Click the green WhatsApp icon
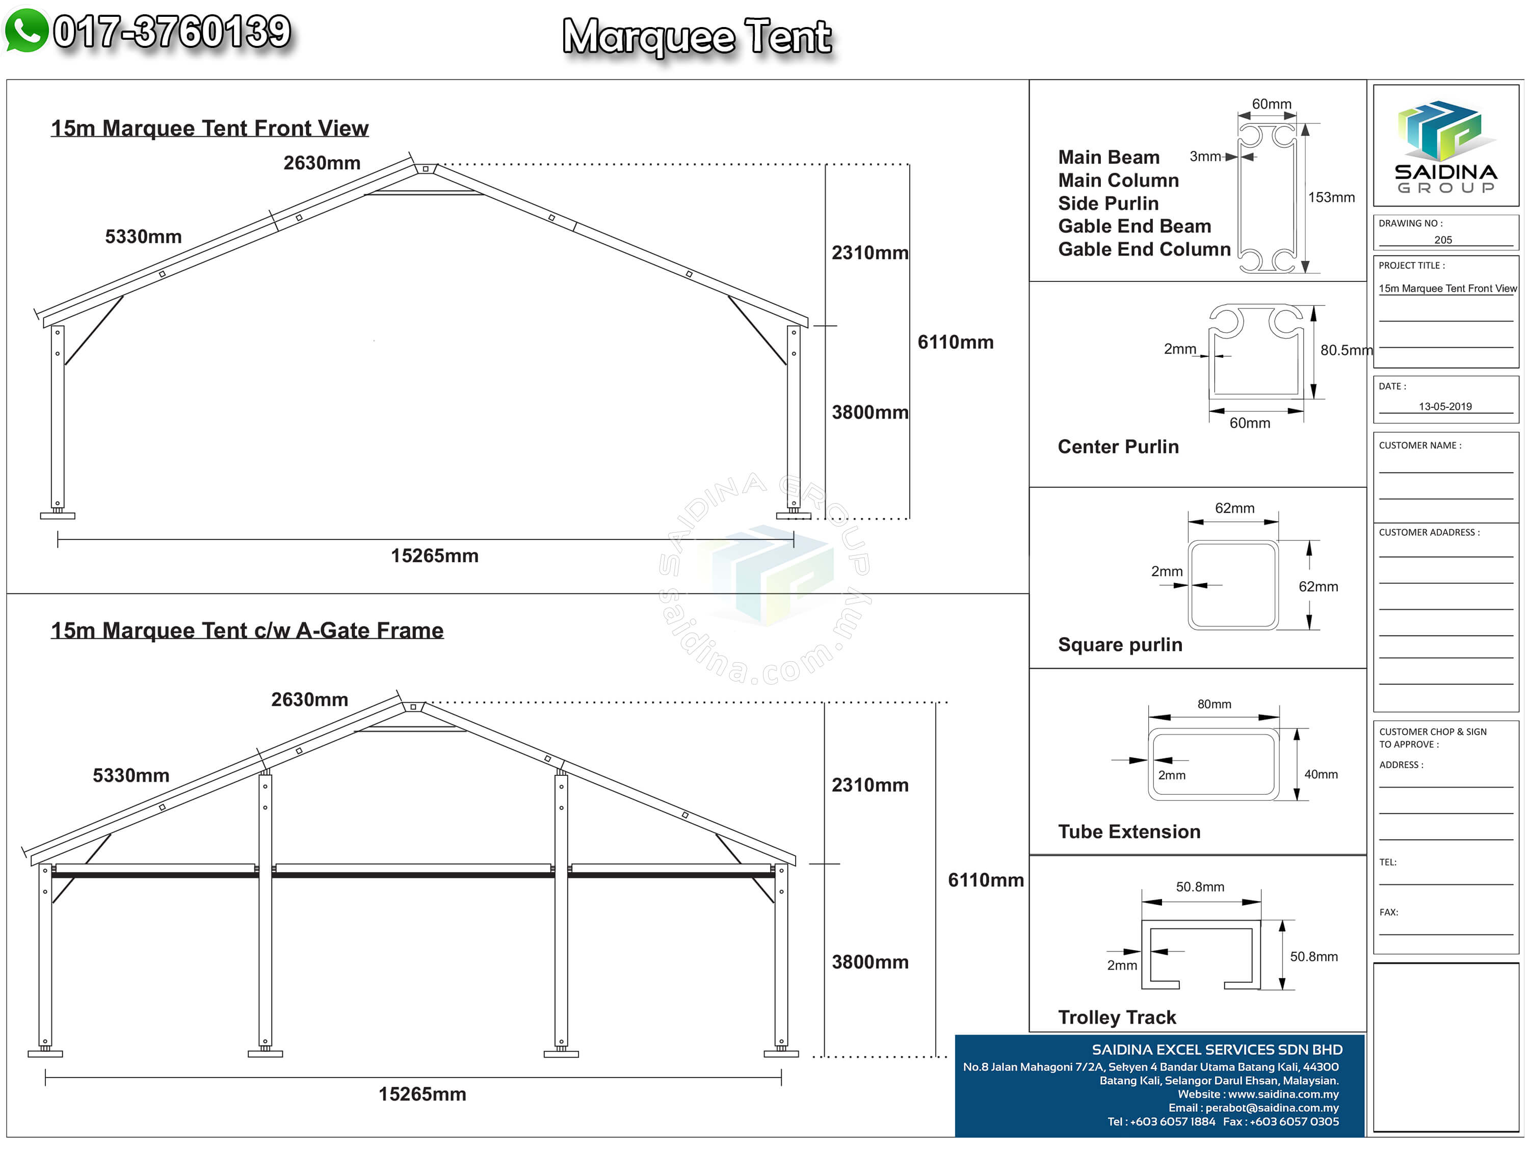pyautogui.click(x=27, y=31)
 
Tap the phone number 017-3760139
pyautogui.click(x=172, y=32)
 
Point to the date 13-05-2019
pyautogui.click(x=1445, y=406)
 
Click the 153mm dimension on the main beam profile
pyautogui.click(x=1331, y=198)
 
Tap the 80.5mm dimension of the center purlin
pyautogui.click(x=1345, y=351)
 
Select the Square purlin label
pyautogui.click(x=1120, y=645)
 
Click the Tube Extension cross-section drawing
pyautogui.click(x=1213, y=764)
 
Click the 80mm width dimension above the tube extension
pyautogui.click(x=1214, y=704)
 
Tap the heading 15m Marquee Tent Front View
pyautogui.click(x=209, y=128)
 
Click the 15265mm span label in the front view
pyautogui.click(x=434, y=556)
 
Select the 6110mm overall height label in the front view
pyautogui.click(x=955, y=342)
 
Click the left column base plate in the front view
pyautogui.click(x=58, y=516)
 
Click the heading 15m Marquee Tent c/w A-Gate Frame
pyautogui.click(x=247, y=631)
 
